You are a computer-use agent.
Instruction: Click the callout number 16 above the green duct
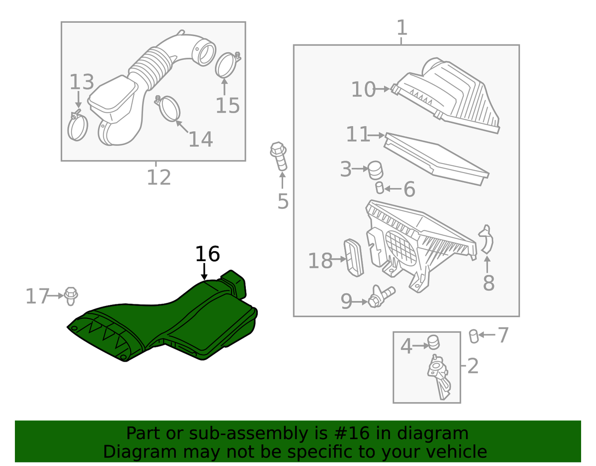pos(207,254)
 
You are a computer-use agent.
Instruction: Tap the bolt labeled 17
pos(71,296)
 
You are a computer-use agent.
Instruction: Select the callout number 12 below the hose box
pos(159,178)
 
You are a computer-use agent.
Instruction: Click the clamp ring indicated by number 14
pos(168,108)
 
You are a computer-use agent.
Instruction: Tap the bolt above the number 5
pos(279,156)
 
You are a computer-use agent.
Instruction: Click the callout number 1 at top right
pos(402,27)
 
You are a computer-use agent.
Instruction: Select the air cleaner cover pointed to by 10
pos(446,95)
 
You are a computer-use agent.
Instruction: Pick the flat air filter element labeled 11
pos(436,159)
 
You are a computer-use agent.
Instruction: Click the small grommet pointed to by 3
pos(375,170)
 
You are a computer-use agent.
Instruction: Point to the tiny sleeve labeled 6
pos(379,188)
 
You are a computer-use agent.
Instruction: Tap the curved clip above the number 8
pos(486,239)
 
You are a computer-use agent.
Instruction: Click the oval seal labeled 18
pos(354,258)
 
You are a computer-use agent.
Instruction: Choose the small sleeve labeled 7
pos(474,336)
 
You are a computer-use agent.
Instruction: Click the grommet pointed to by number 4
pos(434,342)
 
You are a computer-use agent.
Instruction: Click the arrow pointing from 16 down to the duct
pos(204,272)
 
